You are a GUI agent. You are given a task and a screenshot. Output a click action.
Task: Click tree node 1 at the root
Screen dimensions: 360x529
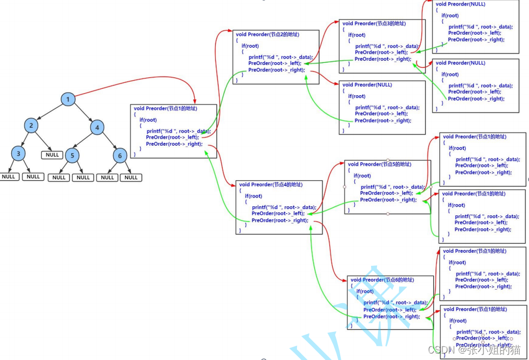click(68, 99)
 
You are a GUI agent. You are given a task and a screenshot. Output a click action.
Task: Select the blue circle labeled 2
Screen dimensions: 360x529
click(31, 126)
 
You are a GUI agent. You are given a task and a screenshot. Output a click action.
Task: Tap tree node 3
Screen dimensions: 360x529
click(18, 154)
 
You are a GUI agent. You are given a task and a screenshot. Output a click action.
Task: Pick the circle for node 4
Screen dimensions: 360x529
click(97, 128)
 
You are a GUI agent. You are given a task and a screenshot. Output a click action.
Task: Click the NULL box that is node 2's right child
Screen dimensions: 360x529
click(52, 155)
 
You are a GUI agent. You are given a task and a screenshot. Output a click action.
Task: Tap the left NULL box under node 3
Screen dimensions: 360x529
click(8, 177)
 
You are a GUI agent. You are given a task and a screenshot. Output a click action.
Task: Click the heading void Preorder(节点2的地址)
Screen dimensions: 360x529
click(267, 34)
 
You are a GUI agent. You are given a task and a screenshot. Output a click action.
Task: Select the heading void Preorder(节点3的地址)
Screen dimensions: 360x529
click(374, 23)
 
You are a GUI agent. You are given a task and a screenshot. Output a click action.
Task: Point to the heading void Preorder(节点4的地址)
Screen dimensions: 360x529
click(270, 185)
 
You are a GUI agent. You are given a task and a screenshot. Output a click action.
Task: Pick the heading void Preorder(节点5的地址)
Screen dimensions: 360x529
click(379, 164)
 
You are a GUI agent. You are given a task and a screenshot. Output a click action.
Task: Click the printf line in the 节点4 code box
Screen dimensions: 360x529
click(283, 207)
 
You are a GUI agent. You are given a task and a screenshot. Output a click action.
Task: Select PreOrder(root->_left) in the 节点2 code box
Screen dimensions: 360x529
click(274, 63)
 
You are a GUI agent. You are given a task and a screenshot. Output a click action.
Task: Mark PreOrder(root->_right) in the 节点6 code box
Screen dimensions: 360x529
click(391, 316)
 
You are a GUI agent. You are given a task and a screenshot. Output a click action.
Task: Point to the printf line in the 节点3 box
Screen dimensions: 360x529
click(387, 46)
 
